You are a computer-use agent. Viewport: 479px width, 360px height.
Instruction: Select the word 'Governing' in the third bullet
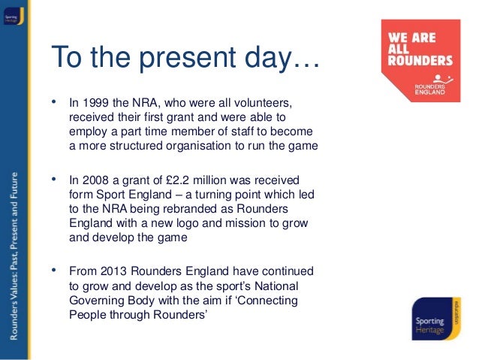[x=96, y=300]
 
